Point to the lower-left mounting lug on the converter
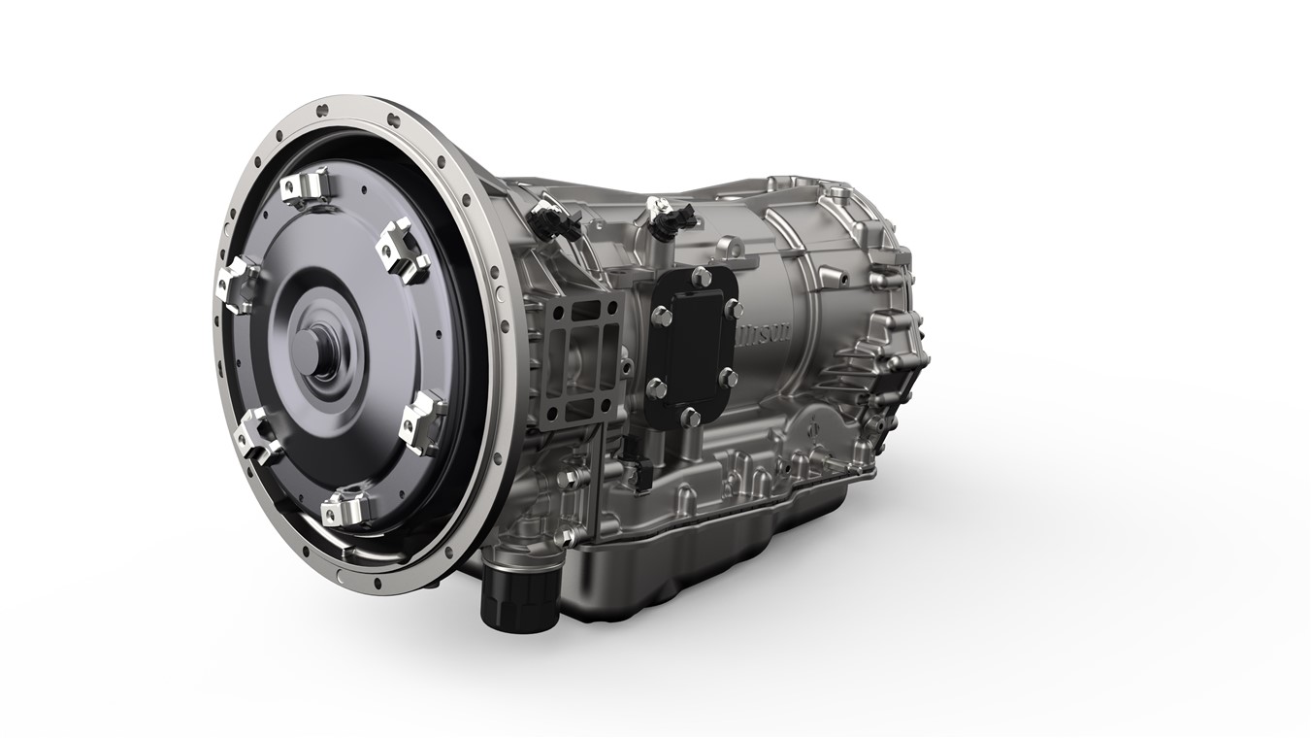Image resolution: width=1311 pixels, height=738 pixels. (260, 433)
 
